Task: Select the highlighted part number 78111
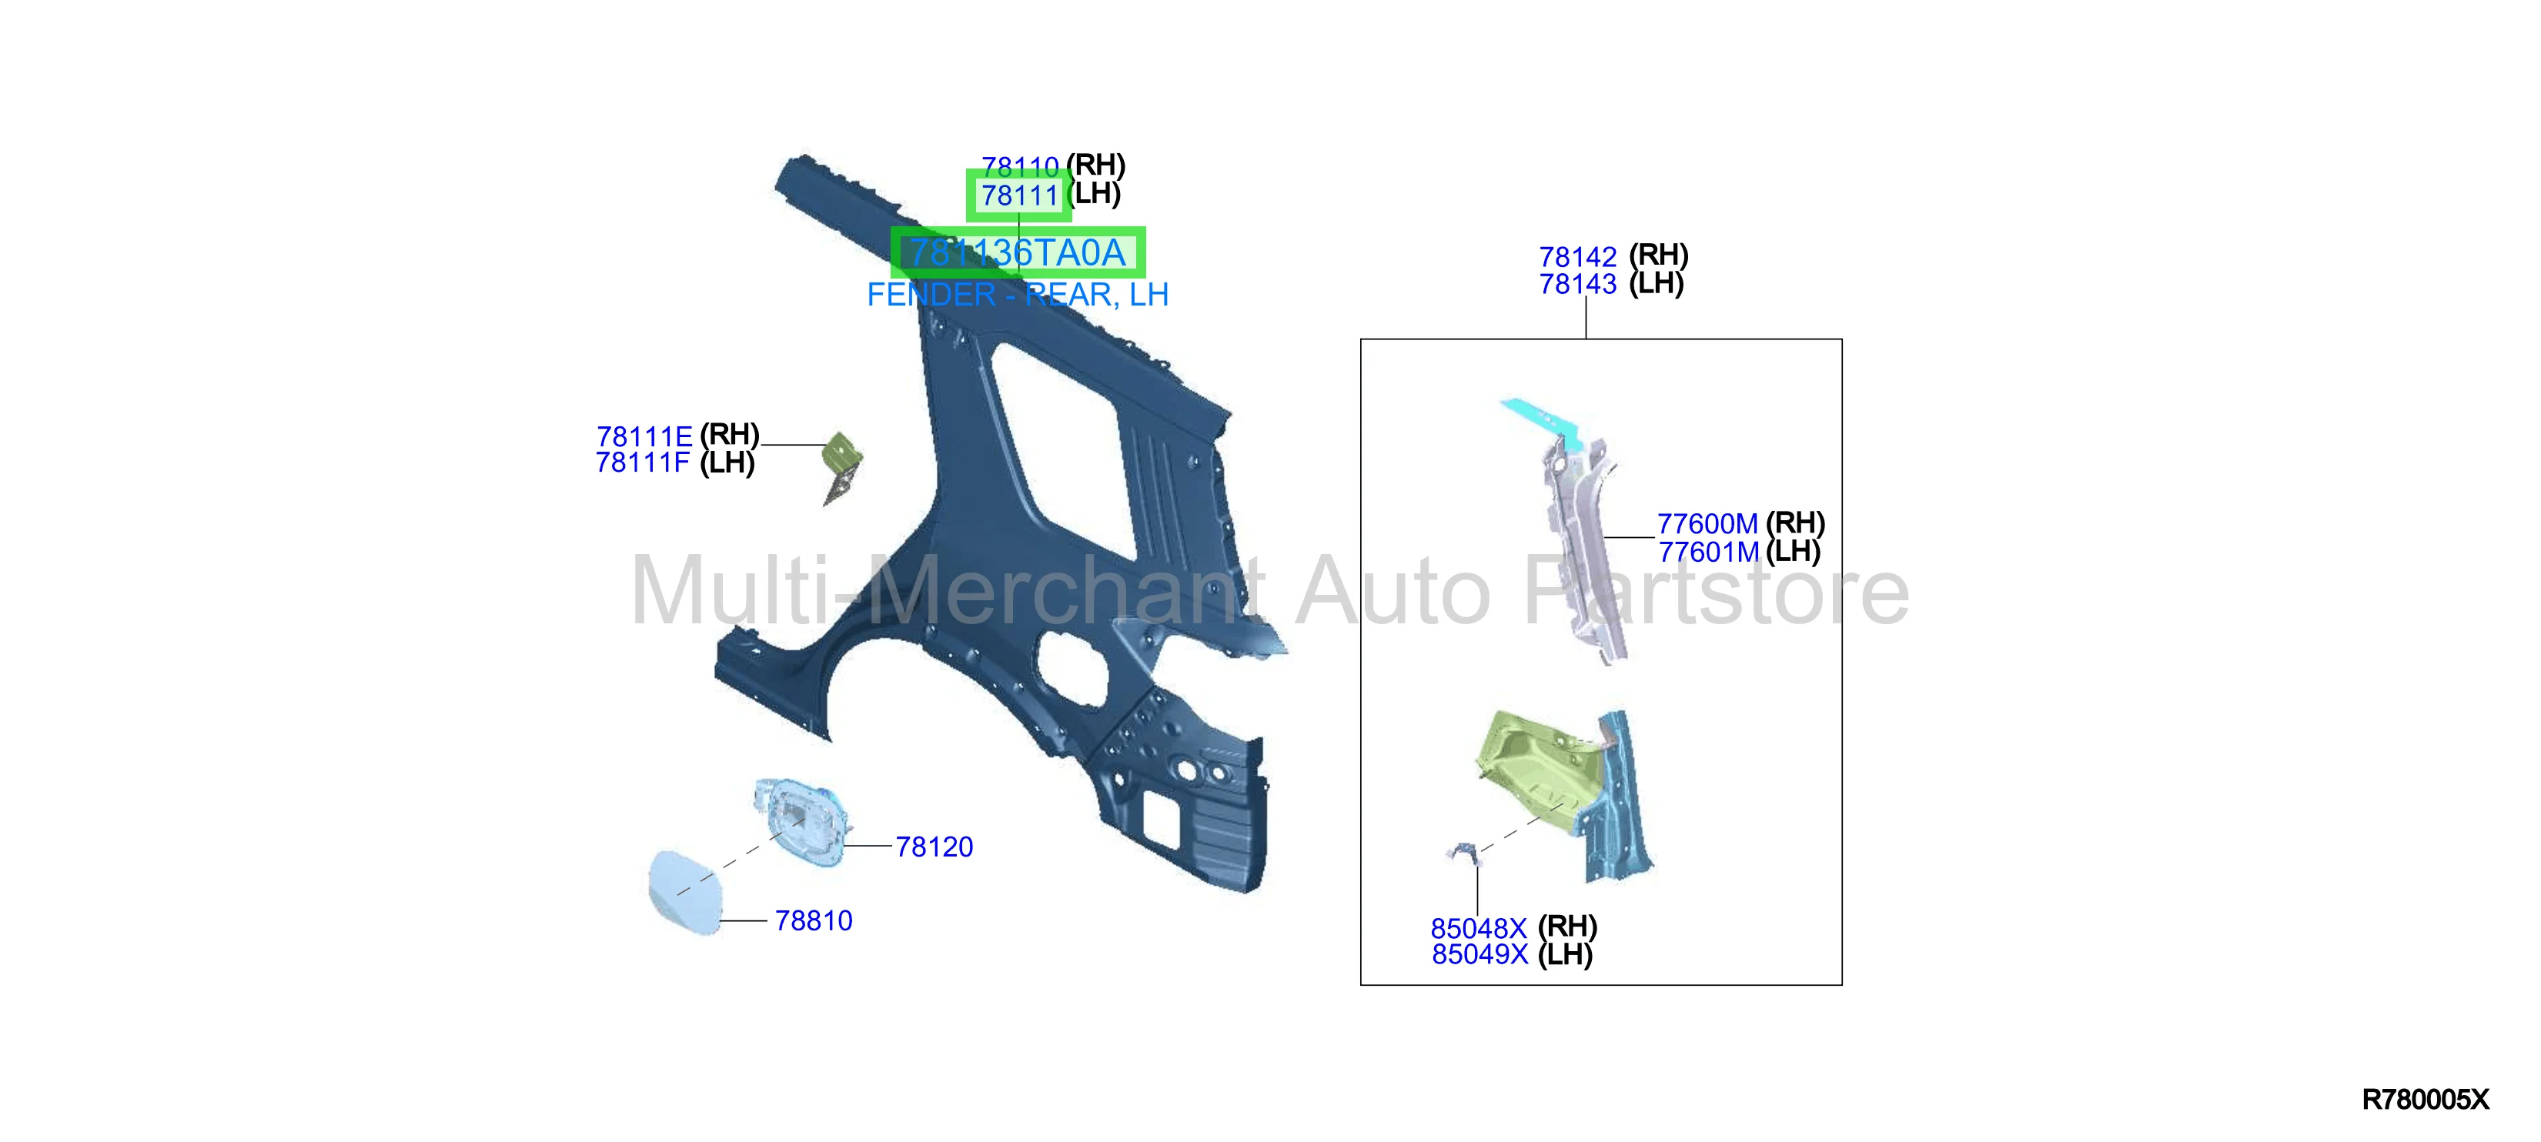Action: coord(1019,195)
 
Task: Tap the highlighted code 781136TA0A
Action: coord(1017,252)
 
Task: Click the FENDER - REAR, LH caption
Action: coord(1017,294)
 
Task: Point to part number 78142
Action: coord(1578,256)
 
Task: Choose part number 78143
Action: coord(1578,284)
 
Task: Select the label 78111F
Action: coord(644,462)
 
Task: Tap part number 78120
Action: coord(934,846)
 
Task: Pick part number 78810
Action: coord(814,920)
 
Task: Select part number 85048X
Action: coord(1479,928)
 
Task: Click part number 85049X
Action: coord(1479,955)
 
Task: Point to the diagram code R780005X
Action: coord(2426,1100)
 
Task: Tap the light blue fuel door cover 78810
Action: coord(686,893)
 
